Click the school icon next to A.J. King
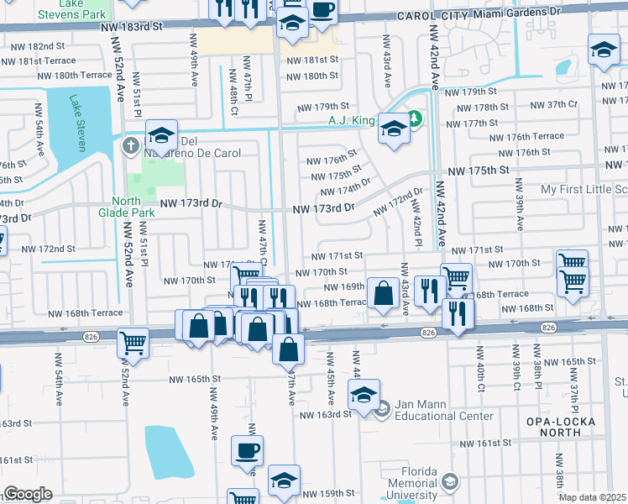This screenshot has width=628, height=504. click(392, 129)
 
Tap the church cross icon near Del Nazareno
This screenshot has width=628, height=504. click(130, 146)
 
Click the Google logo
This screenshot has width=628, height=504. click(28, 494)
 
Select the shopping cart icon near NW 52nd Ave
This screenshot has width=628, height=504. click(133, 343)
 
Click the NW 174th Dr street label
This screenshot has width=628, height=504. click(343, 191)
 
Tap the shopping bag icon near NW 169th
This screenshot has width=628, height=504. click(382, 294)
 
